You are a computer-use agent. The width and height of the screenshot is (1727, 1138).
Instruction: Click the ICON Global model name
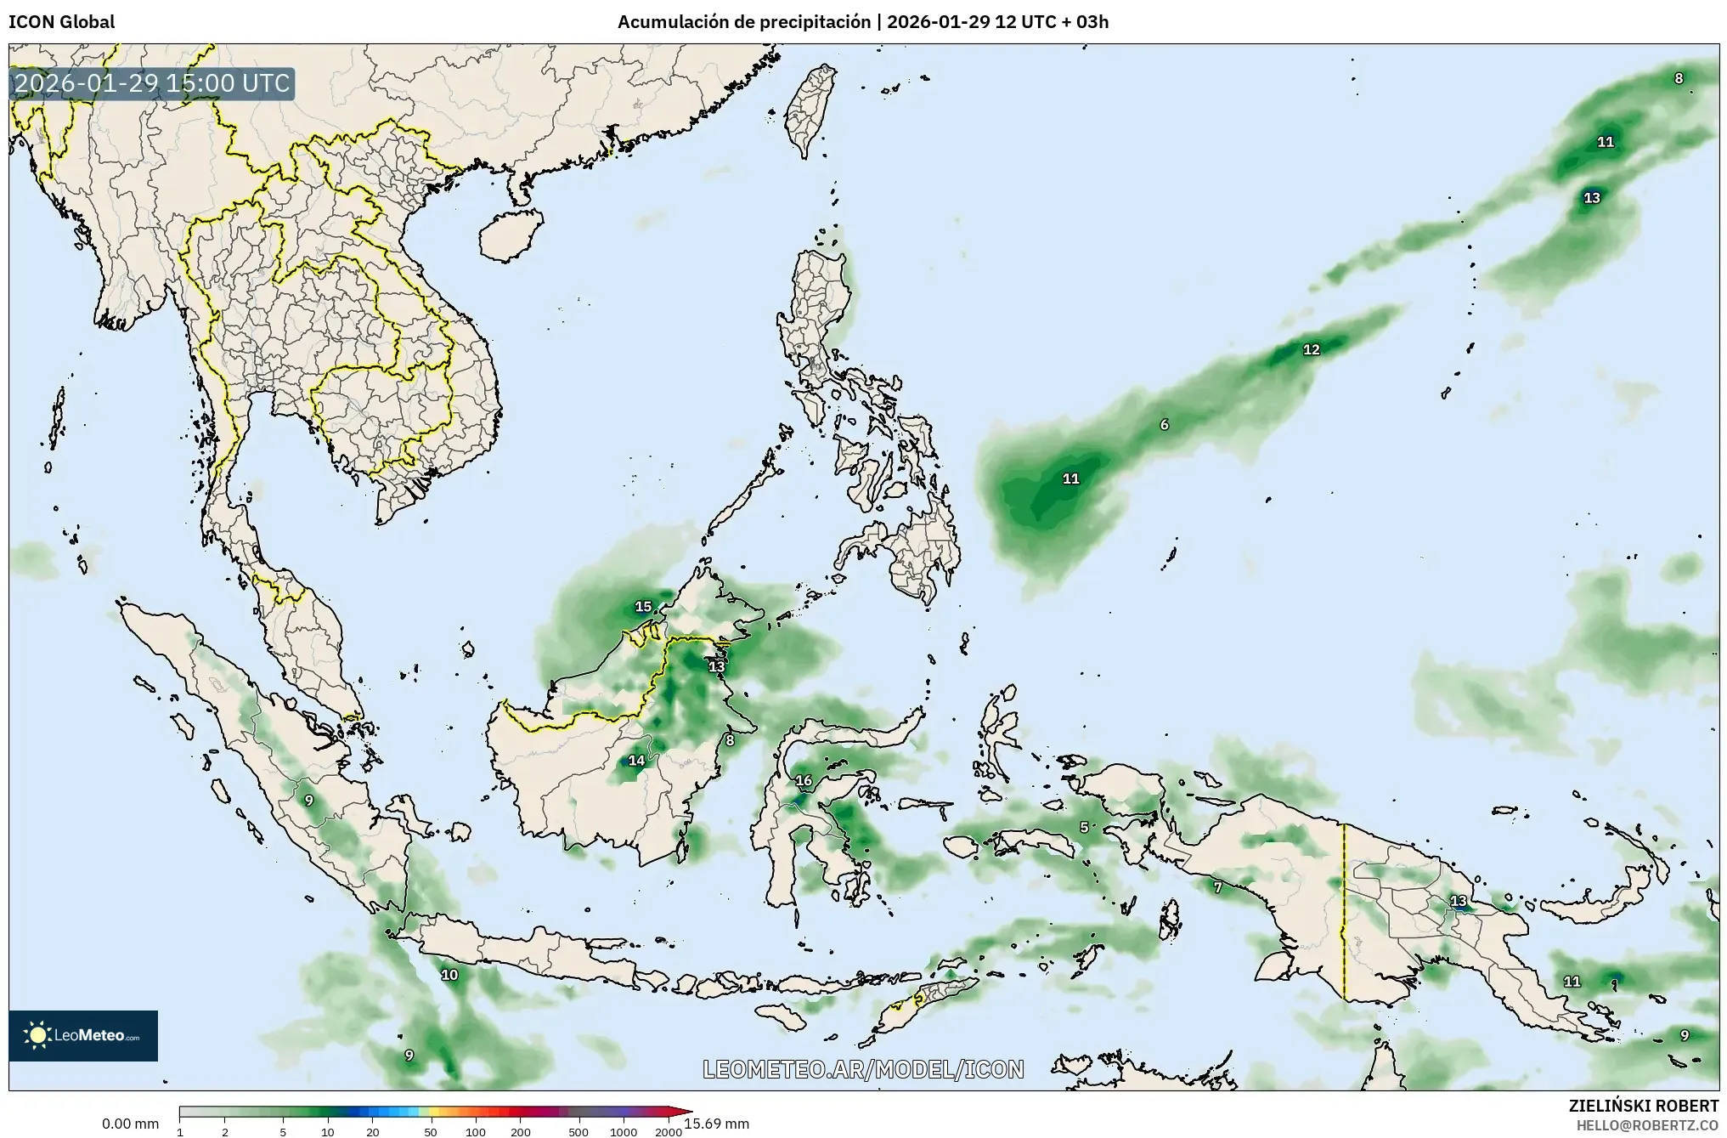click(61, 22)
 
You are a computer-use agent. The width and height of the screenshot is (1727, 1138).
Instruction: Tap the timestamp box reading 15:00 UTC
click(153, 83)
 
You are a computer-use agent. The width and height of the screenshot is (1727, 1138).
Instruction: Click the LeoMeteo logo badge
click(83, 1035)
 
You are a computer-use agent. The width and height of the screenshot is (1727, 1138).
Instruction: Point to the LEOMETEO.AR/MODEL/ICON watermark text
click(863, 1069)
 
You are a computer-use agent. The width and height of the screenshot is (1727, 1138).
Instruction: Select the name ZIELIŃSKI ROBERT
click(1644, 1106)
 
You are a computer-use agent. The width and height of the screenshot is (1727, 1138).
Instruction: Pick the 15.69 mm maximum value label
click(716, 1124)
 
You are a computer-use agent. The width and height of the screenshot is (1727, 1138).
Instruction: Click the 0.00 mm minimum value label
click(130, 1124)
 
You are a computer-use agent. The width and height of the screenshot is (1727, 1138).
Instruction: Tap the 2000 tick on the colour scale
click(669, 1132)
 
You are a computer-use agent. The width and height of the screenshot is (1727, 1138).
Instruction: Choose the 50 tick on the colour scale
click(431, 1132)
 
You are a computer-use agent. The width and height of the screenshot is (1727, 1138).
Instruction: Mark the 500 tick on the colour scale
click(578, 1132)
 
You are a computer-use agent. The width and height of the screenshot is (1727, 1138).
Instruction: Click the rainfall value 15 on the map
click(643, 607)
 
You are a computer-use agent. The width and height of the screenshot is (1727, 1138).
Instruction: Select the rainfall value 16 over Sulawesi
click(803, 780)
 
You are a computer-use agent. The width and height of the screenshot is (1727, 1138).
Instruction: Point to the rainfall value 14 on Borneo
click(636, 761)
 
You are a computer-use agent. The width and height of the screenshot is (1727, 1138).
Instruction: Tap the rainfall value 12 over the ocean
click(1312, 349)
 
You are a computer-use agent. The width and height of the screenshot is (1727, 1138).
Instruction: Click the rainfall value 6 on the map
click(1164, 424)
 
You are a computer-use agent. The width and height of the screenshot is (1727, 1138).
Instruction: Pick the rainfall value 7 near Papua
click(1217, 887)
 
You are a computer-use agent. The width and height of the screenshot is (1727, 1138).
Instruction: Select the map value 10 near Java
click(449, 975)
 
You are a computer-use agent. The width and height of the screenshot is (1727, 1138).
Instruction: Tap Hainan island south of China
click(510, 235)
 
